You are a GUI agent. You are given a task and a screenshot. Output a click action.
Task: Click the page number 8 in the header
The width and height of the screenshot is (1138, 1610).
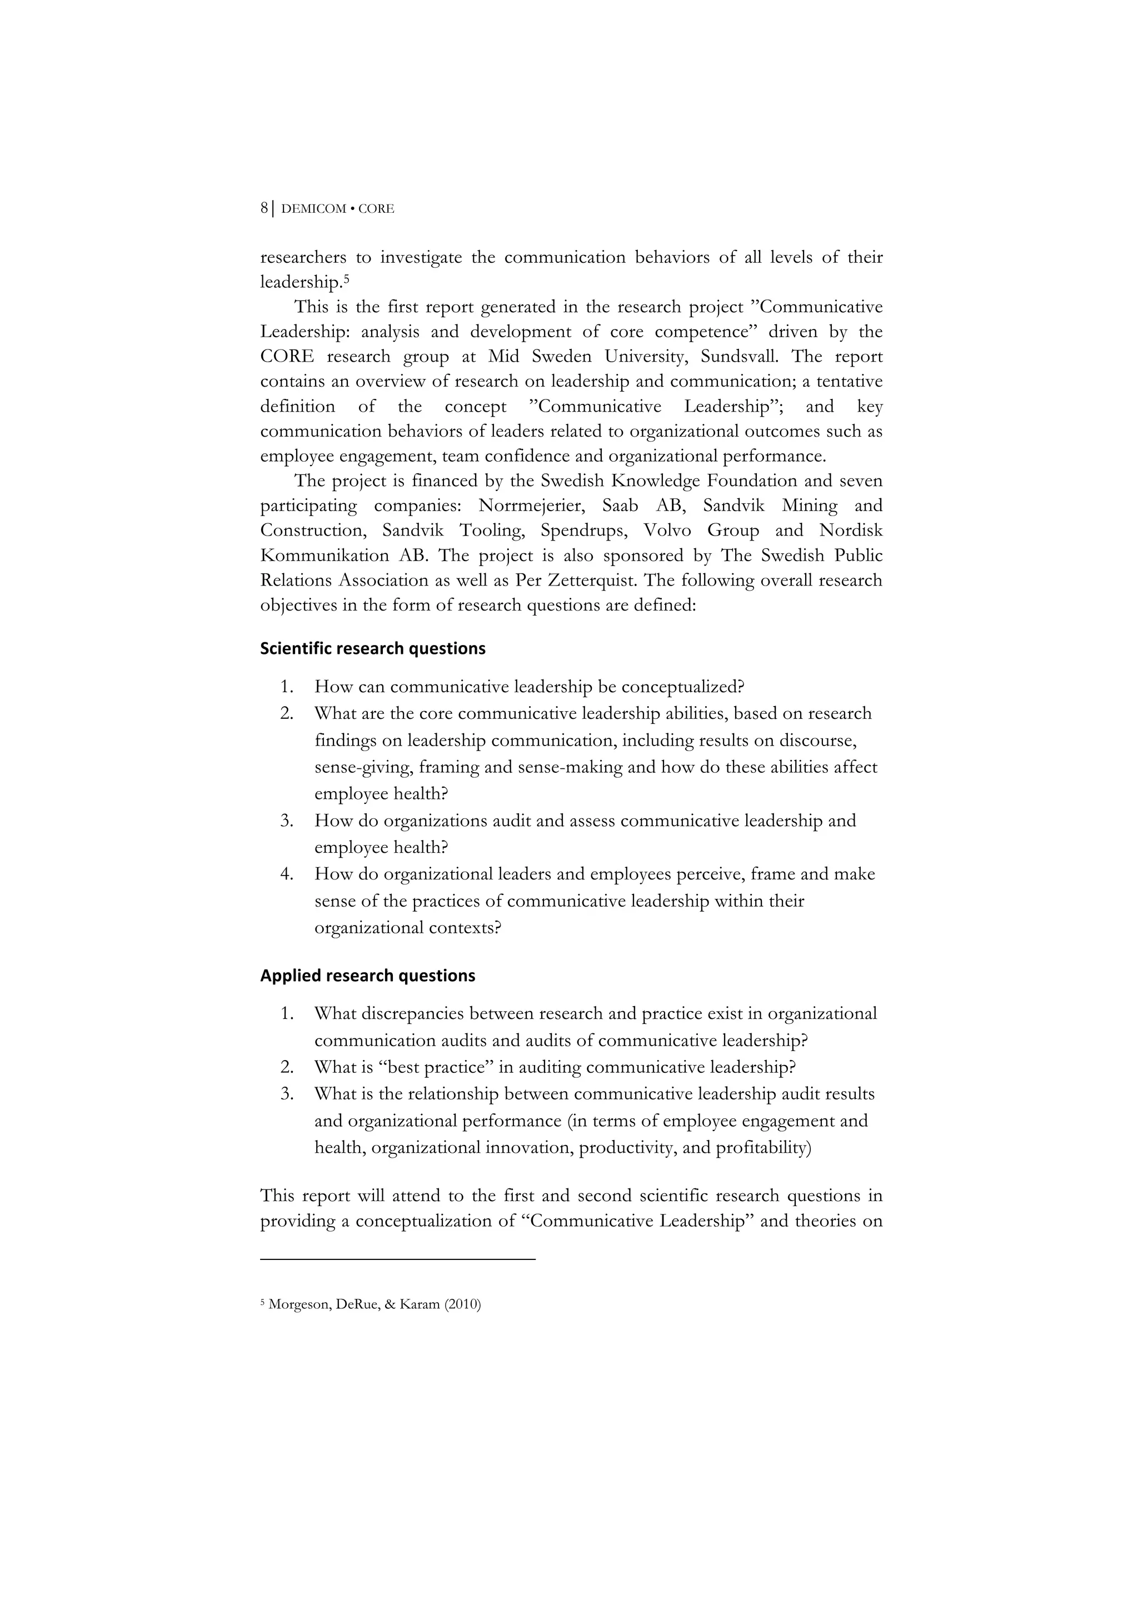pyautogui.click(x=263, y=208)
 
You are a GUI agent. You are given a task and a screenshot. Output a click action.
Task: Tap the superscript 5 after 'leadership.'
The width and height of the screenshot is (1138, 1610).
pyautogui.click(x=346, y=278)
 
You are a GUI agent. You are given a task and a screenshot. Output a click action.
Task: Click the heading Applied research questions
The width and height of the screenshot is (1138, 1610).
pyautogui.click(x=367, y=976)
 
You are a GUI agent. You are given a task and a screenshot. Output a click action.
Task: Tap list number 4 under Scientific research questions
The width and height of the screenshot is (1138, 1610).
pyautogui.click(x=286, y=874)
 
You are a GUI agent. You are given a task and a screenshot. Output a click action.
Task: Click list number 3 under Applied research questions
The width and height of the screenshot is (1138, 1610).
pyautogui.click(x=286, y=1094)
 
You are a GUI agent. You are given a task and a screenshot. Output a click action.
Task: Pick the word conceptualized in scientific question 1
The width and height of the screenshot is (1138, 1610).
pyautogui.click(x=677, y=687)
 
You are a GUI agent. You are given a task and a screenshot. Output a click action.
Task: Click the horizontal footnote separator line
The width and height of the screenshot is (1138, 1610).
pyautogui.click(x=397, y=1260)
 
